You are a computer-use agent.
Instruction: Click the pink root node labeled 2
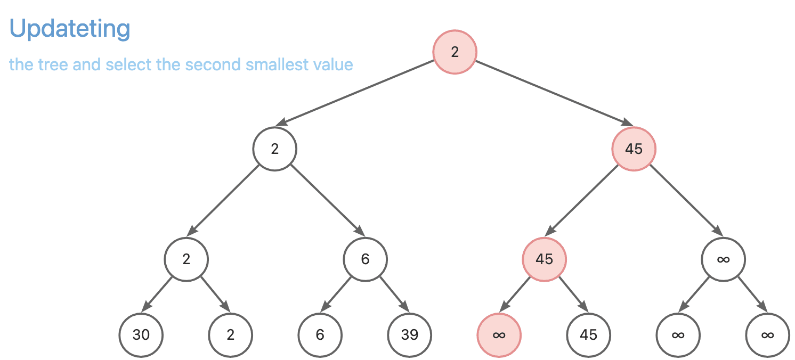455,52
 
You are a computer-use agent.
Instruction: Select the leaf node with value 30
141,335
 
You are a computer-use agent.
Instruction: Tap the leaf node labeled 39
410,335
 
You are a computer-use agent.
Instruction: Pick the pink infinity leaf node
499,335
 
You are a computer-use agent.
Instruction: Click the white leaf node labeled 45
588,335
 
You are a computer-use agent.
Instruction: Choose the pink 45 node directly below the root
634,149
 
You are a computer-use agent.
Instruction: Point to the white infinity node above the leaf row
723,260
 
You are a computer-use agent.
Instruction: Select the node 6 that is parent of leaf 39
365,260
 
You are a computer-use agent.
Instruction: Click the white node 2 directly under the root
275,149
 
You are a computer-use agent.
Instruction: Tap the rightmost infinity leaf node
767,335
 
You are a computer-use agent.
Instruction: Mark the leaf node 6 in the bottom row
320,335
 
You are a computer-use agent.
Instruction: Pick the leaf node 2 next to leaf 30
230,335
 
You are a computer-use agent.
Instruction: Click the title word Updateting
70,29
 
